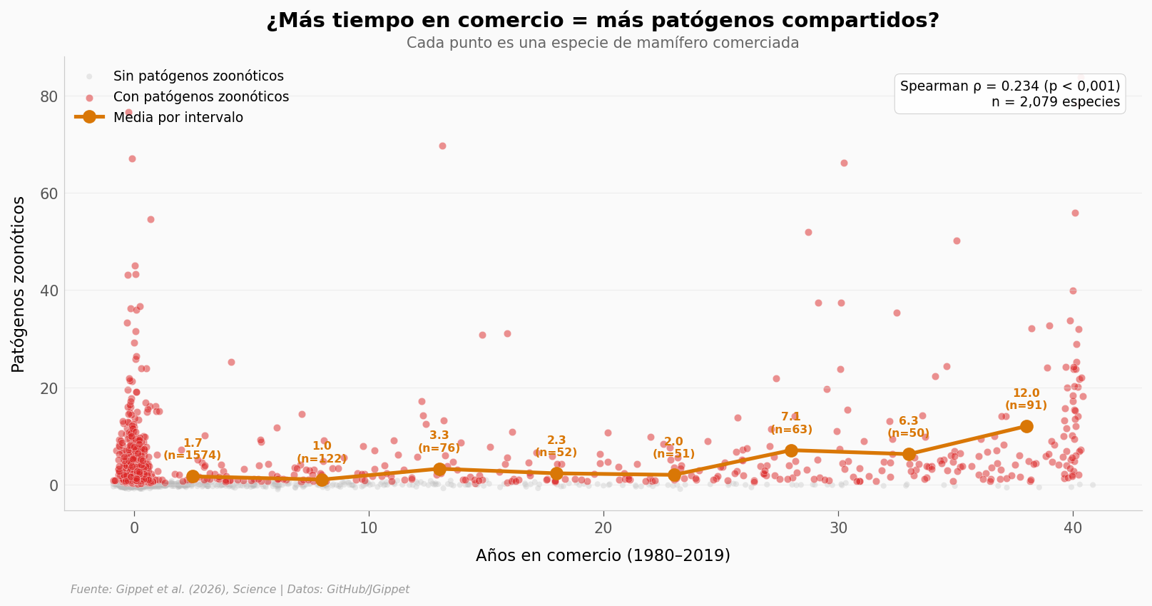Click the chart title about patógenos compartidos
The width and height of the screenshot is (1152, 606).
(603, 21)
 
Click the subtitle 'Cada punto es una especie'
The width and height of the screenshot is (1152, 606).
(603, 43)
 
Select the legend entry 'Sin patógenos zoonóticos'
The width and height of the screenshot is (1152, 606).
(198, 76)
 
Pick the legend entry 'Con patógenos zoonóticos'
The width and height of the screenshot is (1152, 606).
(200, 97)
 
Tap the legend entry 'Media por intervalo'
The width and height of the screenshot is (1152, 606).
(178, 118)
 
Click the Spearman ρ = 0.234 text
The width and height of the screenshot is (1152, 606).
(1009, 86)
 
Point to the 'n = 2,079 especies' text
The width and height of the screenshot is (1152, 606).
(1055, 102)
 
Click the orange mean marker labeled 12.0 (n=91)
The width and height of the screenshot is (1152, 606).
(1026, 426)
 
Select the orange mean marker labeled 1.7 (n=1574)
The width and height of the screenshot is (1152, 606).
(193, 477)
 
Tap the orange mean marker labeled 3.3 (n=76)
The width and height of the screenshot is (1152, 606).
(439, 469)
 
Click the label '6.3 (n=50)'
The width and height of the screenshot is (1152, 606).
(908, 427)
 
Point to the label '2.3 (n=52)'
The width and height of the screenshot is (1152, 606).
(556, 446)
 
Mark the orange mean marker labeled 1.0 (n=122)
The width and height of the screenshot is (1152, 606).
(322, 480)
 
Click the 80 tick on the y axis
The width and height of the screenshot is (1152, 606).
(49, 96)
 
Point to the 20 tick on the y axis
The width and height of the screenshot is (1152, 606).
(49, 388)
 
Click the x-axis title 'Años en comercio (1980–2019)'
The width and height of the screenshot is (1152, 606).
(603, 555)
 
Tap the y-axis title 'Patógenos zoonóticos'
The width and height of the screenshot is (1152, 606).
(19, 284)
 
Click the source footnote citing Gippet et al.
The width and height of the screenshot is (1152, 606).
(240, 590)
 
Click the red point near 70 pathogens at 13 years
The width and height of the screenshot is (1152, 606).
(442, 146)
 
